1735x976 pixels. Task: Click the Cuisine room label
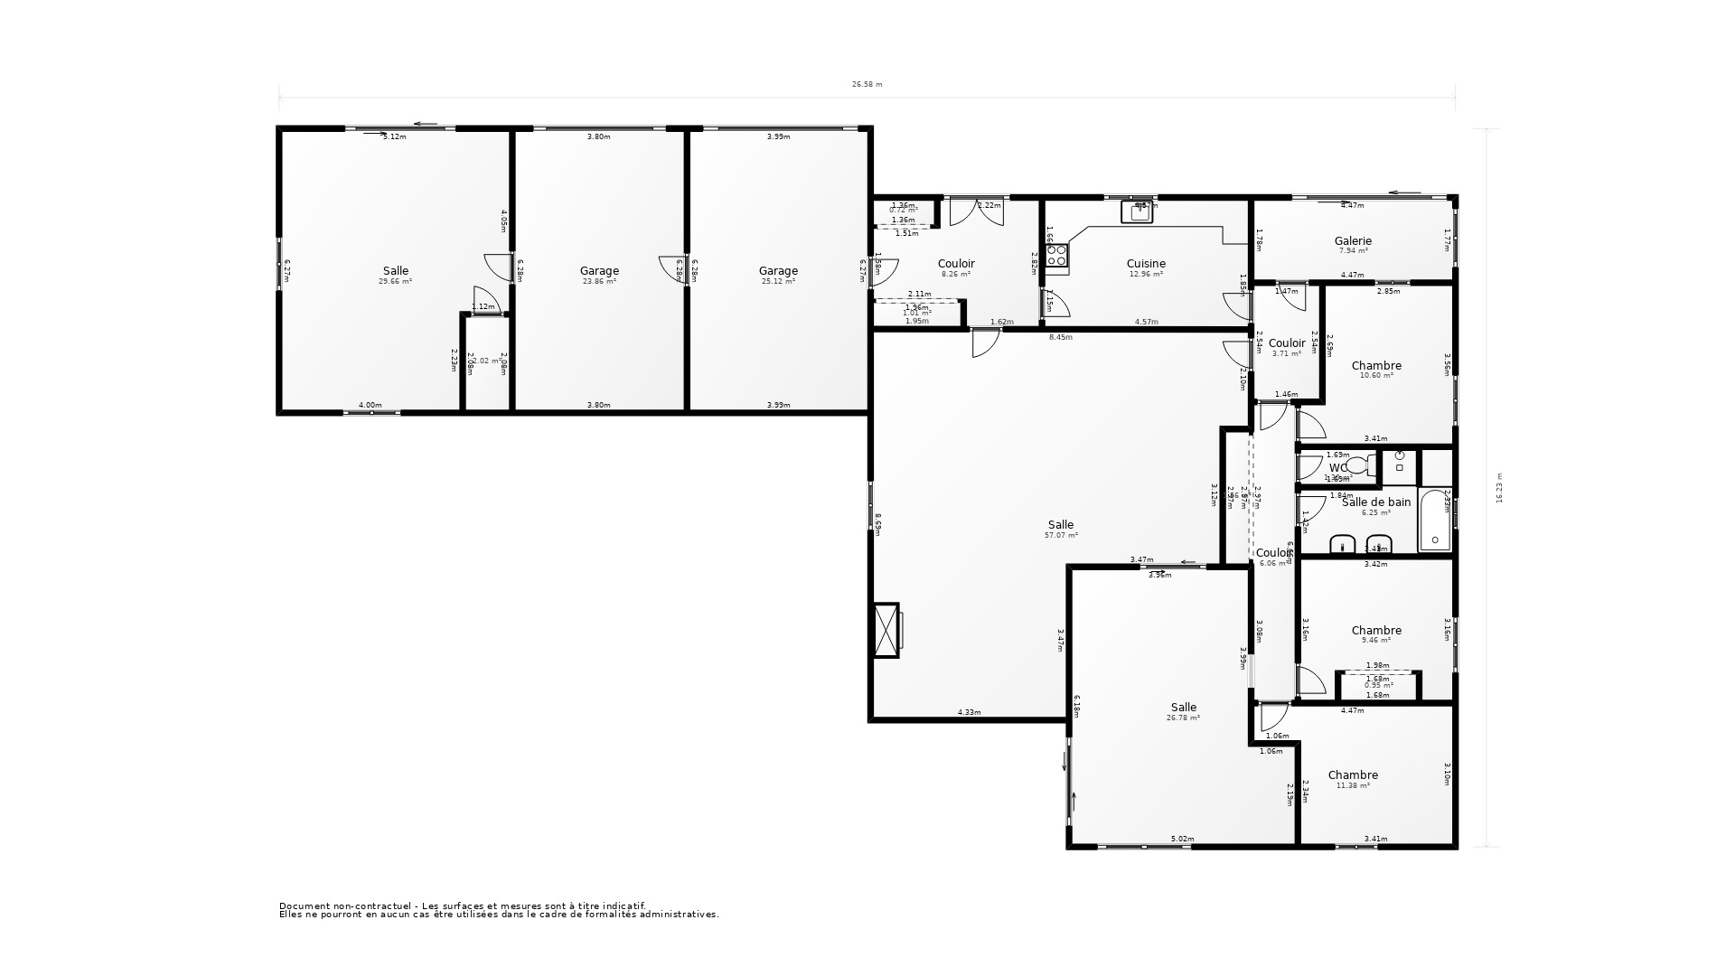1146,264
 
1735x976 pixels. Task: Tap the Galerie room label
1353,241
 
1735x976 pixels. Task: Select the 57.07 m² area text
1061,536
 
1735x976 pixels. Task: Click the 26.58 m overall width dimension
867,84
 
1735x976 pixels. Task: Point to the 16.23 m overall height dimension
1499,488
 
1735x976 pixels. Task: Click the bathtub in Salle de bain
1434,521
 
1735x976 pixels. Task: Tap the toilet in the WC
1358,466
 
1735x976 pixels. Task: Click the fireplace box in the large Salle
887,630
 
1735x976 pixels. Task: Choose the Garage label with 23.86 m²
599,271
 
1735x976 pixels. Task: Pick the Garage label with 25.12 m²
778,271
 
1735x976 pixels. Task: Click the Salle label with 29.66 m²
395,271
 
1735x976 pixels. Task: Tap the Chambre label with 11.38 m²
1353,775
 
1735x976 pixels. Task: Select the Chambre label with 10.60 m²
1376,366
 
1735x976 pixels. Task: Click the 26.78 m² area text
1183,718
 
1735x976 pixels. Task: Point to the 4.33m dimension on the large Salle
969,712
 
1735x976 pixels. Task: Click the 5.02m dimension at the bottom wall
1182,839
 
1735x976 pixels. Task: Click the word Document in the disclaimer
301,906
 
